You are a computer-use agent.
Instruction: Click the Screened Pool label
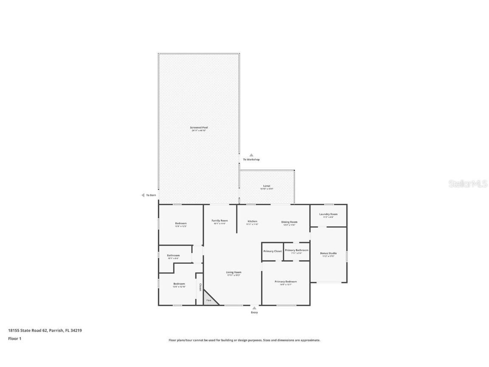coord(199,127)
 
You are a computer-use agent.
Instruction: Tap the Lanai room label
coord(267,186)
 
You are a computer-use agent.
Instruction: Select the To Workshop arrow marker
coord(251,155)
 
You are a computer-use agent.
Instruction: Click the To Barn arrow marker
coord(143,195)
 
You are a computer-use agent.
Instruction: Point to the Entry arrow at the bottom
coord(254,308)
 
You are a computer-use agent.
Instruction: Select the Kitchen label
coord(252,221)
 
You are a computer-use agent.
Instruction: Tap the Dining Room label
coord(289,222)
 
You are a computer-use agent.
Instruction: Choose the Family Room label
coord(219,220)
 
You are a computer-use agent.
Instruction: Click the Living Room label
coord(233,272)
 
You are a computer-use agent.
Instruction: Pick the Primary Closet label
coord(272,251)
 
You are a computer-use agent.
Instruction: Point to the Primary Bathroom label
coord(296,250)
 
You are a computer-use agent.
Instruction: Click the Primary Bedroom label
coord(285,282)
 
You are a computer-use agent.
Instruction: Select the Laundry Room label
coord(328,214)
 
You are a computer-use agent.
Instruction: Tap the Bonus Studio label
coord(328,253)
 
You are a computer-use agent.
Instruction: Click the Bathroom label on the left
coord(173,255)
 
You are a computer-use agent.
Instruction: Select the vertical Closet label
coord(200,287)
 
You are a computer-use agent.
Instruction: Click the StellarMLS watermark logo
coord(468,184)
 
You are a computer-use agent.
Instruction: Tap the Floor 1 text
coord(14,339)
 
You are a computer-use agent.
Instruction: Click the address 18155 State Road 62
coord(28,330)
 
